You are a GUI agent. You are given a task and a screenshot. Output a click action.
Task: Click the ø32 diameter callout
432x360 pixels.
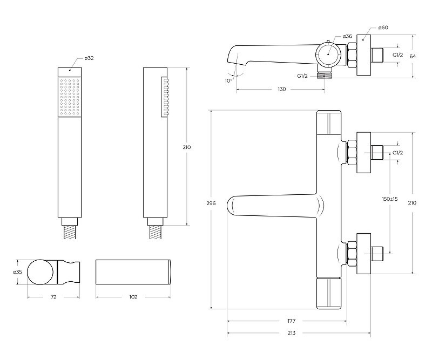click(x=89, y=58)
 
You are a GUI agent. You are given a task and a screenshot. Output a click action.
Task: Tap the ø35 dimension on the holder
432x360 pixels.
click(x=17, y=272)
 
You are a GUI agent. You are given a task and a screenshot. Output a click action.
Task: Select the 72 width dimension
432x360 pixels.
click(x=53, y=297)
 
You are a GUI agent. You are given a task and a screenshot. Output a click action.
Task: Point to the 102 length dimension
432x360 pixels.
click(x=133, y=297)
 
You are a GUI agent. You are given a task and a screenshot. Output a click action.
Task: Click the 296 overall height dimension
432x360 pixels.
click(x=211, y=203)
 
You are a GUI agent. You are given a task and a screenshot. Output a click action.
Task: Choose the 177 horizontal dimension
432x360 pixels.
click(x=291, y=321)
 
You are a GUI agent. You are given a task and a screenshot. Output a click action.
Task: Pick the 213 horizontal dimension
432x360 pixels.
click(x=291, y=332)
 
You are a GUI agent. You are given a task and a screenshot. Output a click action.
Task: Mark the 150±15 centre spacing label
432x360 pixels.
click(x=390, y=199)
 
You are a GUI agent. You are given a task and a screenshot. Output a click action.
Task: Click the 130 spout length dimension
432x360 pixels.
click(x=281, y=89)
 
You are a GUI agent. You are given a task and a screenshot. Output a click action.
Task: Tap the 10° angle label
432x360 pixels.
click(x=228, y=81)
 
